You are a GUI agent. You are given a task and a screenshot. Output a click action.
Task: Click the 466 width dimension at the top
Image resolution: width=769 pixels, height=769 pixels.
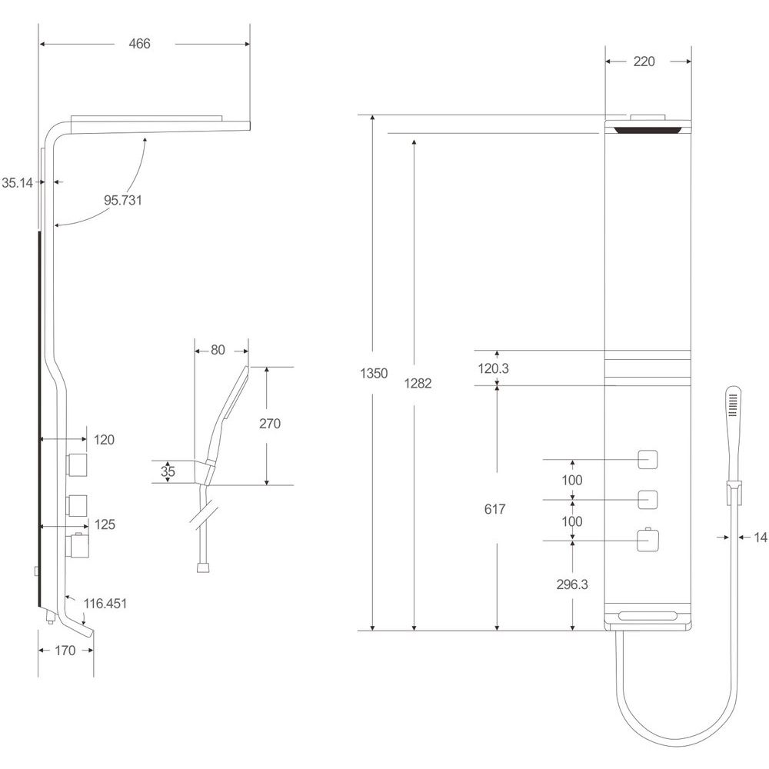pyautogui.click(x=139, y=44)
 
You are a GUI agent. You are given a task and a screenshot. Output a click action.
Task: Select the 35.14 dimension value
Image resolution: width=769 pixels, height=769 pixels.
pyautogui.click(x=17, y=183)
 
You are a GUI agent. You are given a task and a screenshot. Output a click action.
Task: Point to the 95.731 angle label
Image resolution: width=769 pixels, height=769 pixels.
pyautogui.click(x=122, y=200)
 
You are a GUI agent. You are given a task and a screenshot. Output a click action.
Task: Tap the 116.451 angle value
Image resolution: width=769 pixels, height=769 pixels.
pyautogui.click(x=105, y=603)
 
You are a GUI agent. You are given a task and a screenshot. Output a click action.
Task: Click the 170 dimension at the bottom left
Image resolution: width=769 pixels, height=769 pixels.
pyautogui.click(x=65, y=651)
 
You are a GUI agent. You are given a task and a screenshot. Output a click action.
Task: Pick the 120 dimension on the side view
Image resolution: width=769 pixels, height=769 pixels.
pyautogui.click(x=104, y=440)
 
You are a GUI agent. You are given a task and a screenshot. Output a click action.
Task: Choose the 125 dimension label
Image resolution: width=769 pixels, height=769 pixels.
pyautogui.click(x=105, y=524)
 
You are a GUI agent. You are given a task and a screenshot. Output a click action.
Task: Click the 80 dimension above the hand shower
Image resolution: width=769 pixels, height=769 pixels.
pyautogui.click(x=218, y=350)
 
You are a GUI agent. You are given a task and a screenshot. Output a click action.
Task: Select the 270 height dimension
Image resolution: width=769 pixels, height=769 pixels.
pyautogui.click(x=270, y=424)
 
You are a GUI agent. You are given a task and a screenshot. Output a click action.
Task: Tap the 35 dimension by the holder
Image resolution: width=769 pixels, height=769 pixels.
pyautogui.click(x=168, y=472)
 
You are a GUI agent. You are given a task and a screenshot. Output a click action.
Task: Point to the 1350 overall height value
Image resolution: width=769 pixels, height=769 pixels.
pyautogui.click(x=374, y=374)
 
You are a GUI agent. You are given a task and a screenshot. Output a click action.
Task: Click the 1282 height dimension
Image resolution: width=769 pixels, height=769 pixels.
pyautogui.click(x=418, y=384)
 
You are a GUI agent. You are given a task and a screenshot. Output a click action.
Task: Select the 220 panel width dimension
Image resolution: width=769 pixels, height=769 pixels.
pyautogui.click(x=644, y=62)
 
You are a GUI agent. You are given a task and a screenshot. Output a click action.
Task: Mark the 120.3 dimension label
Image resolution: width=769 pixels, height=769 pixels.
pyautogui.click(x=494, y=368)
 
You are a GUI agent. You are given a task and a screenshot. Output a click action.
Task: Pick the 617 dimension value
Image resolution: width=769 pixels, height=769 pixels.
pyautogui.click(x=494, y=510)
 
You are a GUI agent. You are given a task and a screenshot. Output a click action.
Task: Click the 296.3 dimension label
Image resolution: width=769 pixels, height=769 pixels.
pyautogui.click(x=572, y=584)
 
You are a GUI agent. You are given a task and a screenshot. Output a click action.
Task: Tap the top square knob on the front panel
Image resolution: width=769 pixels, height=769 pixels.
pyautogui.click(x=647, y=460)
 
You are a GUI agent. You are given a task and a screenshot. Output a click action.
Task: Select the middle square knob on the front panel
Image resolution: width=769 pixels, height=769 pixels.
pyautogui.click(x=647, y=500)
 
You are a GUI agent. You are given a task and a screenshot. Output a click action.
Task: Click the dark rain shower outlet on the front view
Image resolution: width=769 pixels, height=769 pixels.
pyautogui.click(x=647, y=131)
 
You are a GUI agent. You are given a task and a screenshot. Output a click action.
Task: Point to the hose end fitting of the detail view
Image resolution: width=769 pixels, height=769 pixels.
pyautogui.click(x=204, y=568)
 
